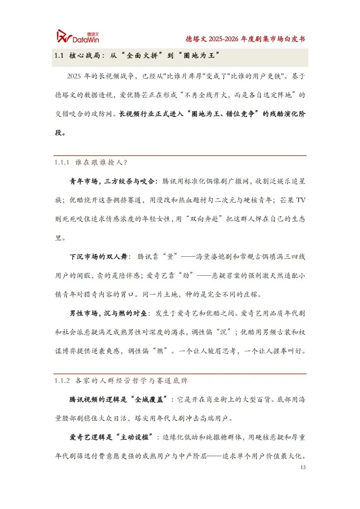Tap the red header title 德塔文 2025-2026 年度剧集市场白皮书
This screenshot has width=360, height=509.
[x=245, y=39]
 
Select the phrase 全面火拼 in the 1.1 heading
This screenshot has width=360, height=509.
[x=142, y=55]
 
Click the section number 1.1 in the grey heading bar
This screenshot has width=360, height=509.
[x=59, y=55]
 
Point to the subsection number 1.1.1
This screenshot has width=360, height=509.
[x=62, y=162]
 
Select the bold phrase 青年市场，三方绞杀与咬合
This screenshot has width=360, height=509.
[x=112, y=181]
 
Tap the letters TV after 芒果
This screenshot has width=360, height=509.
[x=301, y=200]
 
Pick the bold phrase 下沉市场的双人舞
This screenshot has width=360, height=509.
[x=98, y=257]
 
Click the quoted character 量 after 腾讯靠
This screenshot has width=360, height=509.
[x=170, y=257]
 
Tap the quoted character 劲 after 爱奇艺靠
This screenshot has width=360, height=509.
[x=186, y=276]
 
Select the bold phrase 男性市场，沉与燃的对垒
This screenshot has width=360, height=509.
[x=108, y=313]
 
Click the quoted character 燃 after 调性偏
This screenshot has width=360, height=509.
[x=160, y=351]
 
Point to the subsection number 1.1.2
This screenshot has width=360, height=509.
[x=62, y=381]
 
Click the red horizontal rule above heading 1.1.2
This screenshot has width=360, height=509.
[x=180, y=374]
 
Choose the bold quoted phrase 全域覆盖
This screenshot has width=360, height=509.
[x=149, y=399]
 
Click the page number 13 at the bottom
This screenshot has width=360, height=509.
[x=303, y=467]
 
